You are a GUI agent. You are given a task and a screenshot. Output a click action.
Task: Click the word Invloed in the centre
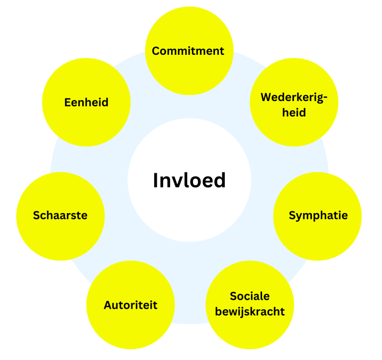189,180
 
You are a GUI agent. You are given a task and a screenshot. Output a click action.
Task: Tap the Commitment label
188,51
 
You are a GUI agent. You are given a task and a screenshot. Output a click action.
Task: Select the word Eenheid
86,103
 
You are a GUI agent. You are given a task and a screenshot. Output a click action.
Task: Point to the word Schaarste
60,216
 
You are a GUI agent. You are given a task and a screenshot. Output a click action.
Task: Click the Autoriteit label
130,305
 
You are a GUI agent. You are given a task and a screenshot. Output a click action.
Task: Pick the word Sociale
250,296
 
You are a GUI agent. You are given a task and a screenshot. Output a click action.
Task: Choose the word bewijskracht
250,312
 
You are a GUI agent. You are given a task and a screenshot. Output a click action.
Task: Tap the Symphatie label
318,216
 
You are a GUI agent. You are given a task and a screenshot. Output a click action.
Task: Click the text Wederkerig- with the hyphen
294,97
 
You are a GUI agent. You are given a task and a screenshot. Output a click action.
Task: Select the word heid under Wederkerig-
294,113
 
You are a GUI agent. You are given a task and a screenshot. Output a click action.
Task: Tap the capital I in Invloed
155,180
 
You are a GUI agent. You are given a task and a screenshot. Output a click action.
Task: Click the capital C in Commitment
156,51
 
